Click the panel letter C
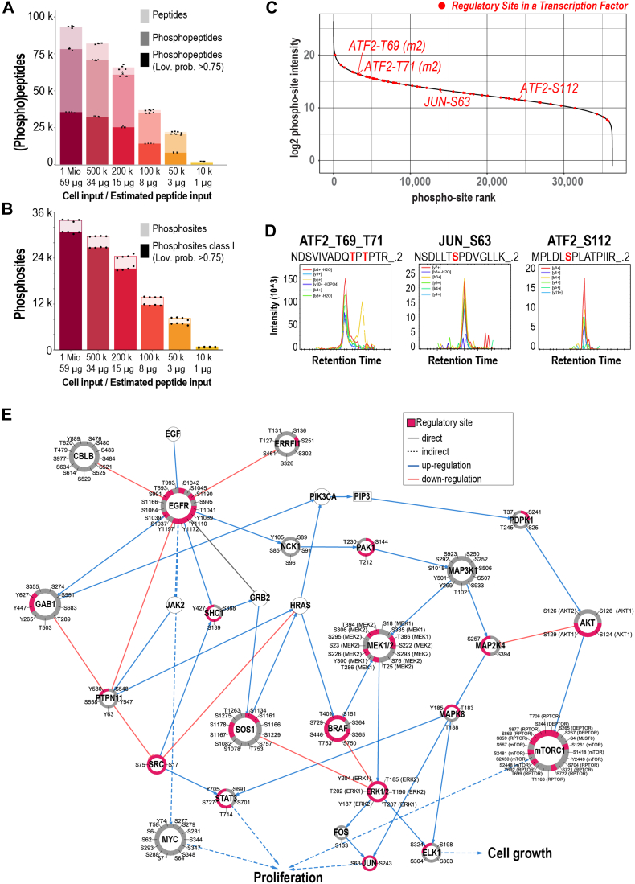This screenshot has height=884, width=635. tap(293, 10)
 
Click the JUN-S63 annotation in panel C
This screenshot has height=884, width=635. tap(449, 101)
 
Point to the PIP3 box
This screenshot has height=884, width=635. tap(363, 496)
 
